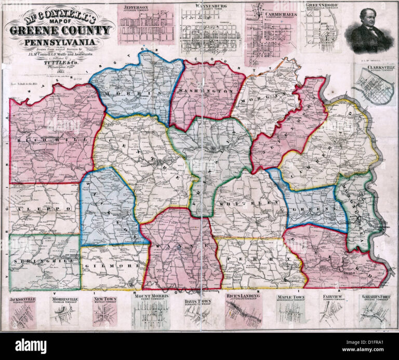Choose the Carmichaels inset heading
tap(280, 15)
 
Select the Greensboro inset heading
tap(322, 5)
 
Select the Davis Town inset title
tap(197, 301)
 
